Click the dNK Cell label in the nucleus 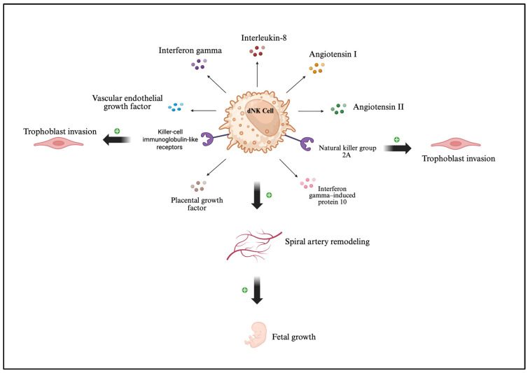click(260, 111)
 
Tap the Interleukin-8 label click(264, 38)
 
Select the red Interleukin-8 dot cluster click(257, 51)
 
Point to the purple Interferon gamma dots click(199, 64)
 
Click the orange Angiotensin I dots click(317, 68)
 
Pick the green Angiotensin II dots click(338, 108)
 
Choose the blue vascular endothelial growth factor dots click(176, 107)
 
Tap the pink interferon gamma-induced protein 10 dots click(308, 183)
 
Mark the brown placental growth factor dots click(198, 186)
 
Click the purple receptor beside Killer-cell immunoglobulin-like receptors click(207, 139)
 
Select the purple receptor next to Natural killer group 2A click(307, 143)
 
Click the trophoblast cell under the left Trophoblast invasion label click(59, 143)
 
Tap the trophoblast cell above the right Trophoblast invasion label click(456, 143)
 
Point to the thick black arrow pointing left click(116, 139)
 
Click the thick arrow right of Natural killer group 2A click(397, 148)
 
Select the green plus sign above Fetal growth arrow click(245, 290)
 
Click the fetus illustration click(256, 335)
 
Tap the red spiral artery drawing click(254, 245)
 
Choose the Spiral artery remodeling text click(327, 241)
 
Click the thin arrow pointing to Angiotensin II click(311, 111)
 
